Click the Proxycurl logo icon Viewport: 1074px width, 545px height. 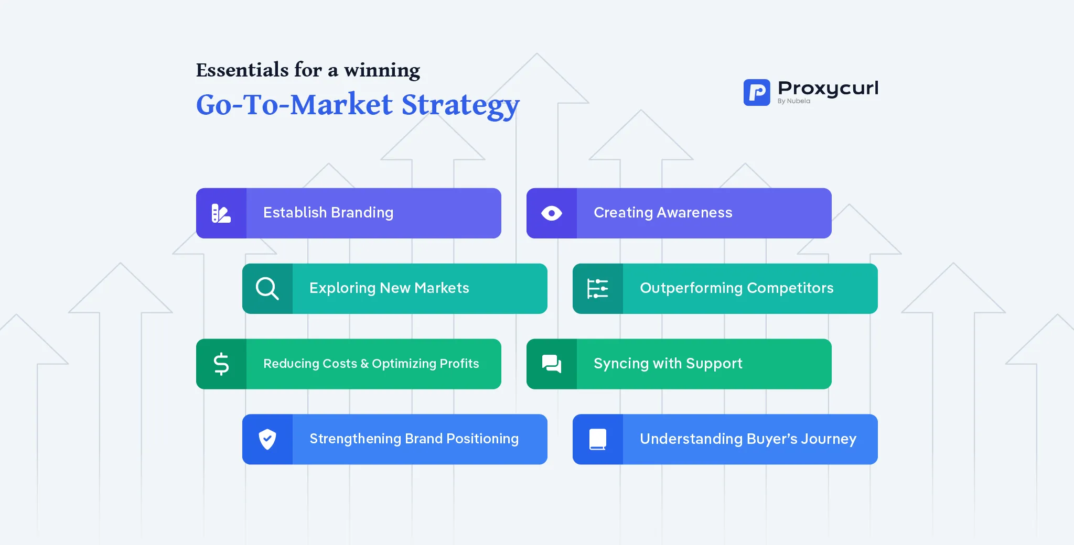(757, 92)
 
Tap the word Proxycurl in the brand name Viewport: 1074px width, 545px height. (828, 88)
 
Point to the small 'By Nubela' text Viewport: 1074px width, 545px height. (793, 101)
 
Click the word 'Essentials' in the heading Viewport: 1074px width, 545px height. (242, 70)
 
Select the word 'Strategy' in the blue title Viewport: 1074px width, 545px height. (460, 105)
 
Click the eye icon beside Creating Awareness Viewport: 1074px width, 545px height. (552, 213)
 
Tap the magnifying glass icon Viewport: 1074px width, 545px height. (267, 288)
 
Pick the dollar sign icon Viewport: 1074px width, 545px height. (221, 364)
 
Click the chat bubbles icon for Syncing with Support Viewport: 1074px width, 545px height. (552, 364)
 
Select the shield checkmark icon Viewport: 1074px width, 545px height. (267, 439)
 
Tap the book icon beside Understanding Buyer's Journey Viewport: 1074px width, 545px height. (598, 439)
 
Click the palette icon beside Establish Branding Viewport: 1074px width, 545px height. (221, 213)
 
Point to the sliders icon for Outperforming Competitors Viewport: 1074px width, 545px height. (598, 288)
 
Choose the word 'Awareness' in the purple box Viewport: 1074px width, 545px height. (694, 212)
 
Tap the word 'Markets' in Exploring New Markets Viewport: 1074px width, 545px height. (442, 288)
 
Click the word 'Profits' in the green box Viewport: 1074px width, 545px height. (459, 363)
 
